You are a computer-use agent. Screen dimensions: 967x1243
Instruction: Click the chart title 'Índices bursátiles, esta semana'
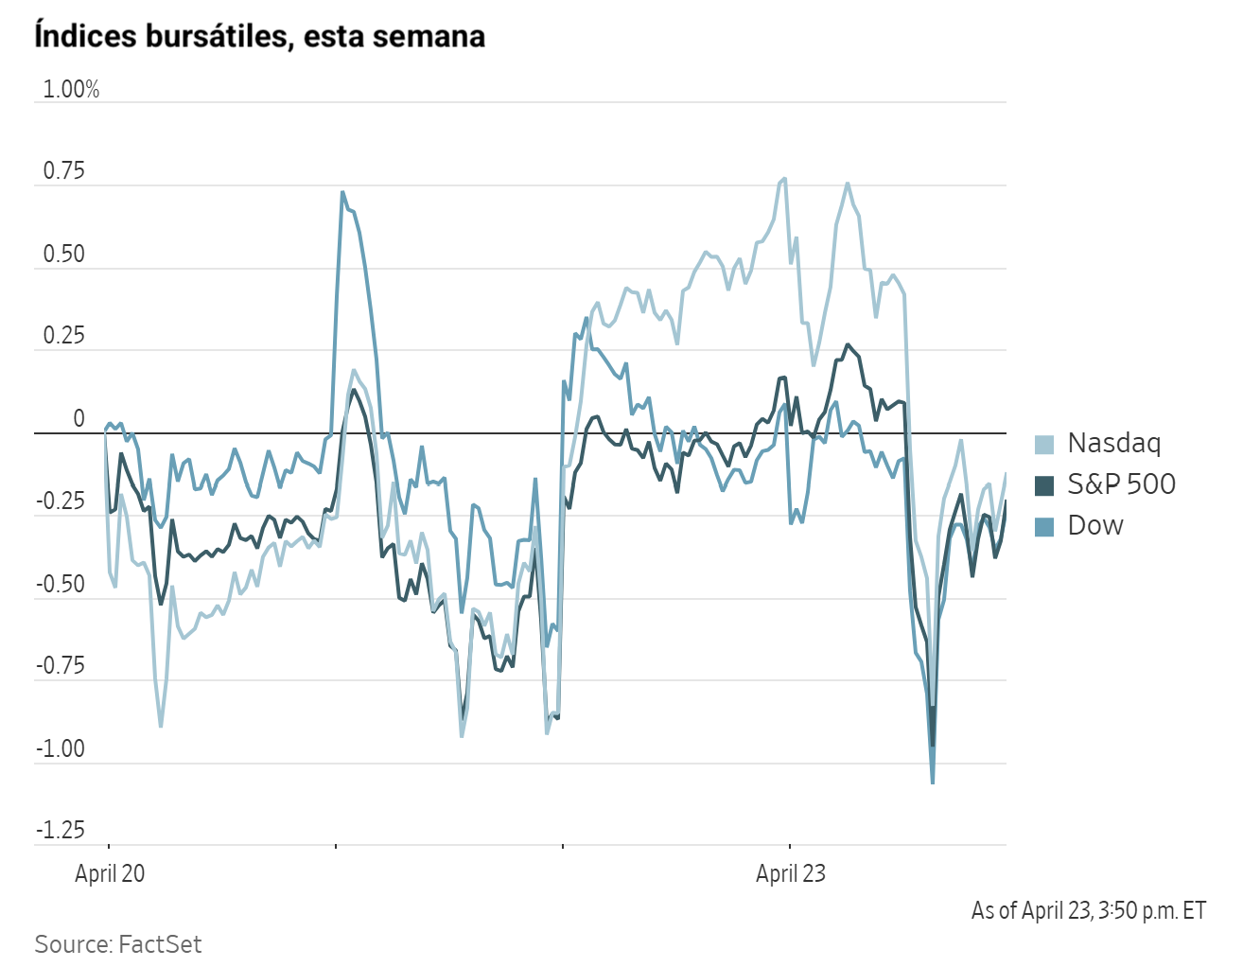259,36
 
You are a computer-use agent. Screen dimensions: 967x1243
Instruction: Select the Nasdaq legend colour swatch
1044,444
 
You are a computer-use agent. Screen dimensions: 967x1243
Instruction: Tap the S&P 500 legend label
1121,484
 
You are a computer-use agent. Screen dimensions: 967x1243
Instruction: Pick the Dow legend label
1095,526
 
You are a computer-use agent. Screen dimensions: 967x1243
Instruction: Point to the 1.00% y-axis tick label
71,90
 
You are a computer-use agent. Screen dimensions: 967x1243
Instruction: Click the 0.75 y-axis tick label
63,171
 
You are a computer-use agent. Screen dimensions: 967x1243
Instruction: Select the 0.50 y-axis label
63,255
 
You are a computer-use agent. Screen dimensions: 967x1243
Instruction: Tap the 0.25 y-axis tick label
63,337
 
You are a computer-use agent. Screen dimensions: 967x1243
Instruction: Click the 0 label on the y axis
79,419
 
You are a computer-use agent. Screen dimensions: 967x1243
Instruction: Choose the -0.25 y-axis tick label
61,501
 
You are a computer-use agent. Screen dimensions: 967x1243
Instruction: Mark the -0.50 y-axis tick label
61,584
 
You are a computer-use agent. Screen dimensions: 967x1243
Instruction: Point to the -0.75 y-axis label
61,666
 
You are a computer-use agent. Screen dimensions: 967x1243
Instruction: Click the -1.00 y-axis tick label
61,749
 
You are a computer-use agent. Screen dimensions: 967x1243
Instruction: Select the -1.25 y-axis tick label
61,831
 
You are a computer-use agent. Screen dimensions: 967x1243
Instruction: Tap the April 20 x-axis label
110,873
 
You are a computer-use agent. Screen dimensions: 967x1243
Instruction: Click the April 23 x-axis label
790,873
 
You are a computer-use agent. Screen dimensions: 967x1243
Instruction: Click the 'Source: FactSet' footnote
118,944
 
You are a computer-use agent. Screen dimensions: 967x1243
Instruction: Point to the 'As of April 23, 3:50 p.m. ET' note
1089,910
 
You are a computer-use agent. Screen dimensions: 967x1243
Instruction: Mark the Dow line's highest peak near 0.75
341,192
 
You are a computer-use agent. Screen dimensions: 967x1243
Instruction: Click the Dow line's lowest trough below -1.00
933,782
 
